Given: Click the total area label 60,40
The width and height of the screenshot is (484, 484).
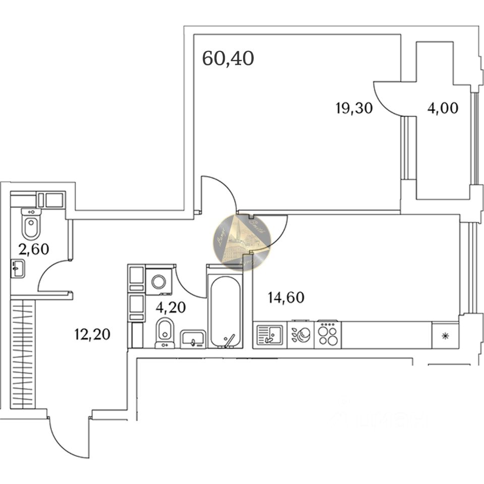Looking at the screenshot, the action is click(228, 58).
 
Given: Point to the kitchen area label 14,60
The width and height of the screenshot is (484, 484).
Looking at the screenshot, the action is click(285, 297).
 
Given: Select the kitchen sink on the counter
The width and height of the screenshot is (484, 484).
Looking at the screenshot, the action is click(270, 334).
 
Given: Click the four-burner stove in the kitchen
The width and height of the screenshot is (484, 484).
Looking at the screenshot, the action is click(328, 334).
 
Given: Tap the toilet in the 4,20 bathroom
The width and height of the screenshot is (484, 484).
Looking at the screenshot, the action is click(164, 332).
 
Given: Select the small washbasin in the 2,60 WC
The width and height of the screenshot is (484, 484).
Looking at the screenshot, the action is click(17, 268).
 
